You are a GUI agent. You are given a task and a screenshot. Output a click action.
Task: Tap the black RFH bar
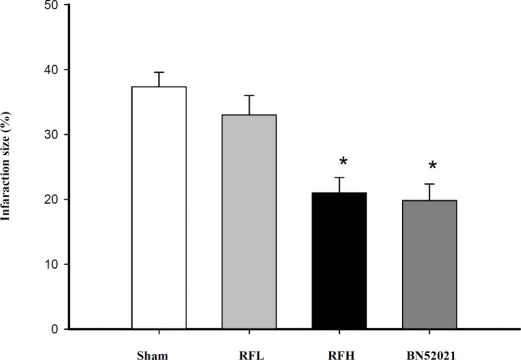tap(339, 260)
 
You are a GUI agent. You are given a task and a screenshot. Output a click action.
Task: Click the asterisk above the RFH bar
tap(343, 161)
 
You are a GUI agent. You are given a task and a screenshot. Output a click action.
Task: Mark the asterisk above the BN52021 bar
tap(432, 166)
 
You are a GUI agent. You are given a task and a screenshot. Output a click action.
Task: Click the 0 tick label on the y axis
tap(55, 329)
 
